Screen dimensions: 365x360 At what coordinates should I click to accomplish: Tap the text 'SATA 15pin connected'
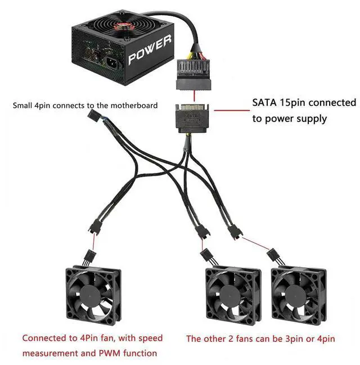(304, 103)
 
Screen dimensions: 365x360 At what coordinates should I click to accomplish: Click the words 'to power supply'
(289, 119)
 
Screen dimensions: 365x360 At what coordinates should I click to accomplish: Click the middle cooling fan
(232, 295)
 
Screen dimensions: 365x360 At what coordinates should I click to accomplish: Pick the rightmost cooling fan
(297, 295)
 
